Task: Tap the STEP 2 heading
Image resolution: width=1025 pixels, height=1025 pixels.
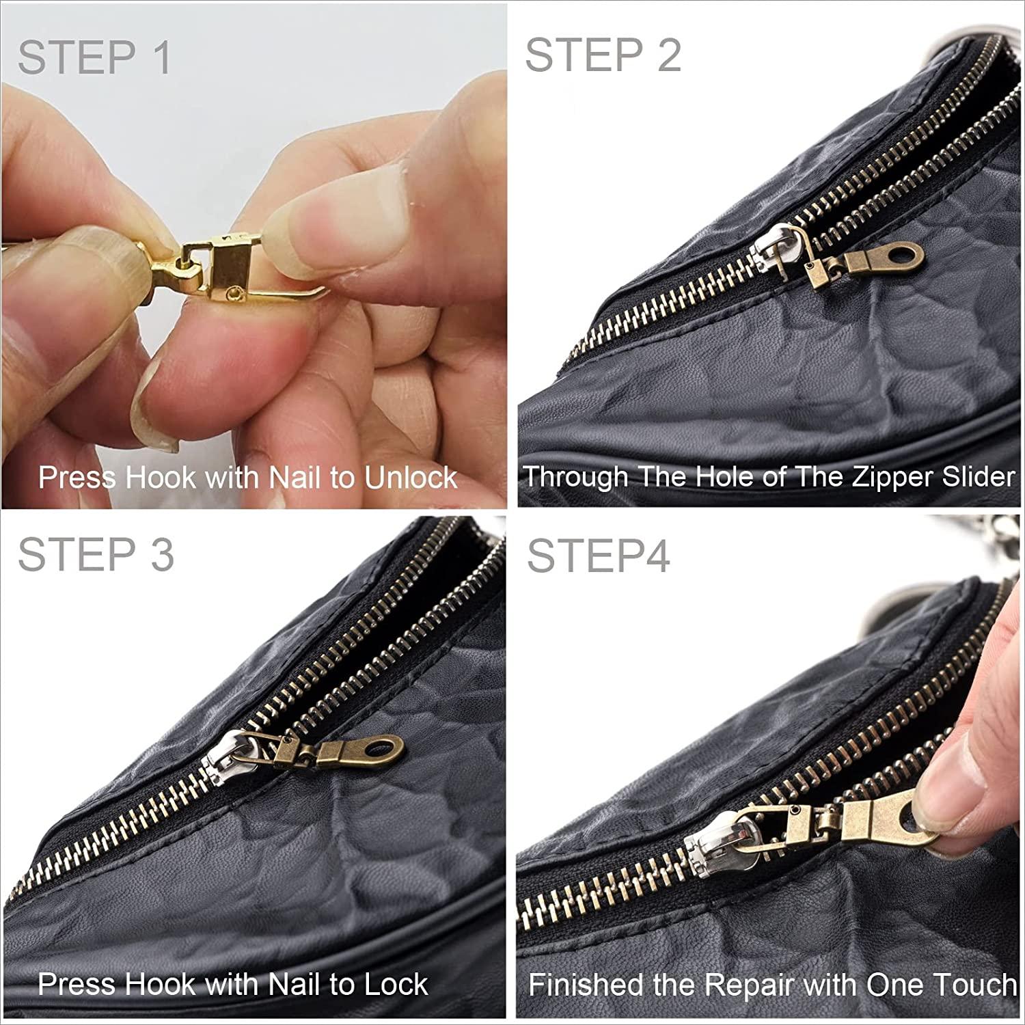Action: (603, 55)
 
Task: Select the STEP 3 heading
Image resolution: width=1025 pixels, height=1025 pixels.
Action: (96, 553)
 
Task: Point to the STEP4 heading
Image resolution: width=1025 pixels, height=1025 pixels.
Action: (598, 556)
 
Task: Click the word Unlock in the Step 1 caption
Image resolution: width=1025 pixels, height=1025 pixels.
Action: (410, 477)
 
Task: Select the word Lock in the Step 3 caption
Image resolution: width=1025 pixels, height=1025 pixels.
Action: (395, 984)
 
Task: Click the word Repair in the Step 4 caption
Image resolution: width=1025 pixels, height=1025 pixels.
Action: (748, 985)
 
